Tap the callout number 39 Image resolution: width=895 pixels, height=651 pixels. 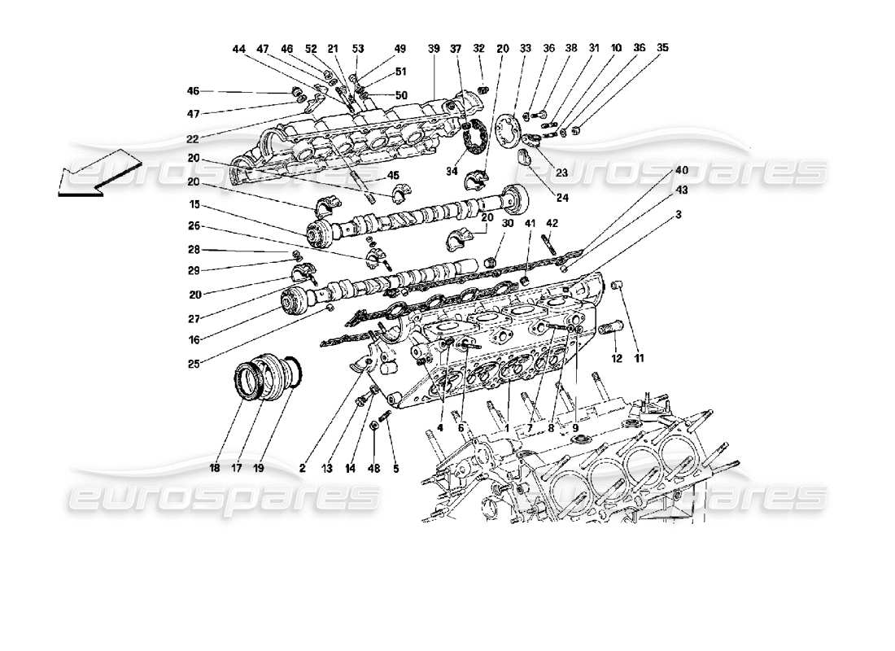[x=434, y=49]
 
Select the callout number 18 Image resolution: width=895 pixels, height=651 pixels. [x=214, y=468]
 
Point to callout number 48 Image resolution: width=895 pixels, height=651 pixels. [x=373, y=468]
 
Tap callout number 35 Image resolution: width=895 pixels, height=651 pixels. [x=663, y=49]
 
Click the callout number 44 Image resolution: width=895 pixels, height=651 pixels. [x=238, y=49]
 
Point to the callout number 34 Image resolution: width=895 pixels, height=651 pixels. [x=451, y=173]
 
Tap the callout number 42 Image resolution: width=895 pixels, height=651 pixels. [x=552, y=223]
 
